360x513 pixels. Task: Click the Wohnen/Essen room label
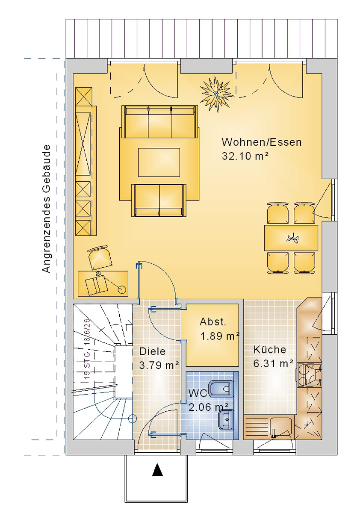(262, 142)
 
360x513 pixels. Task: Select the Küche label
(269, 350)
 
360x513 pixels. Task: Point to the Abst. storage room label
(213, 322)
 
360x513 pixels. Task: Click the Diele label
(152, 351)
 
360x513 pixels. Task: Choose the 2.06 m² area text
(208, 407)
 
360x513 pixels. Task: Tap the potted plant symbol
(216, 93)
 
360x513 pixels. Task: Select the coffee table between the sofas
(159, 162)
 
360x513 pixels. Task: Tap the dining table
(291, 238)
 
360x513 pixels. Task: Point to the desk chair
(100, 258)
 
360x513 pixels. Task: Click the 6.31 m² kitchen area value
(273, 364)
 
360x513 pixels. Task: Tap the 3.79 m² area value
(159, 366)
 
